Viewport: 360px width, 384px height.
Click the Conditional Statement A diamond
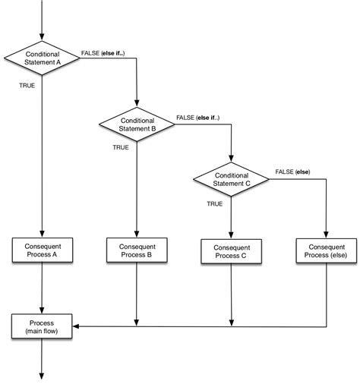click(x=42, y=58)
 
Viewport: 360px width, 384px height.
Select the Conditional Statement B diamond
click(x=137, y=124)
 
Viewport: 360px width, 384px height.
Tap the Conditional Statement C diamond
click(x=231, y=179)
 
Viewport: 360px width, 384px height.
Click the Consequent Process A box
click(x=42, y=251)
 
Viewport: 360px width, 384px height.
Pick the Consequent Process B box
click(x=137, y=251)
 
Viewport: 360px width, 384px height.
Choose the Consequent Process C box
click(x=231, y=252)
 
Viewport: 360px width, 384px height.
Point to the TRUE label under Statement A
click(x=27, y=86)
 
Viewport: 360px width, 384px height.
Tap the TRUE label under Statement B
click(x=121, y=147)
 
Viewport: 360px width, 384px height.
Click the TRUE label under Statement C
click(x=215, y=203)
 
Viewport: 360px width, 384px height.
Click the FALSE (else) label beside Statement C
click(x=292, y=172)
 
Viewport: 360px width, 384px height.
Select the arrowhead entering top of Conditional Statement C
click(x=231, y=159)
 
